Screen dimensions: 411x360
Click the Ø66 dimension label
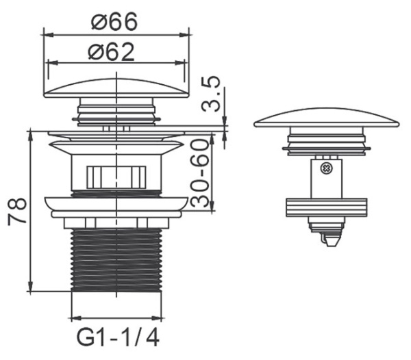coord(114,21)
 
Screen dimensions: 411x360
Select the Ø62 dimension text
coord(112,52)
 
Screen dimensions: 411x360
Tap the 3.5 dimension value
coord(210,94)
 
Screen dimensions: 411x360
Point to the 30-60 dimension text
coord(199,173)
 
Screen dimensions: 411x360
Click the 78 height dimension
coord(17,211)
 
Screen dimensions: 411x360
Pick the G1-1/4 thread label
coord(118,337)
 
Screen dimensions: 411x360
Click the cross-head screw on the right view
coord(326,168)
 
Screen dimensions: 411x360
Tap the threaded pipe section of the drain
coord(116,259)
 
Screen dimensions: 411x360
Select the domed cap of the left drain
coord(116,88)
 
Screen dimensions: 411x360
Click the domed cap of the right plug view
coord(326,118)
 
